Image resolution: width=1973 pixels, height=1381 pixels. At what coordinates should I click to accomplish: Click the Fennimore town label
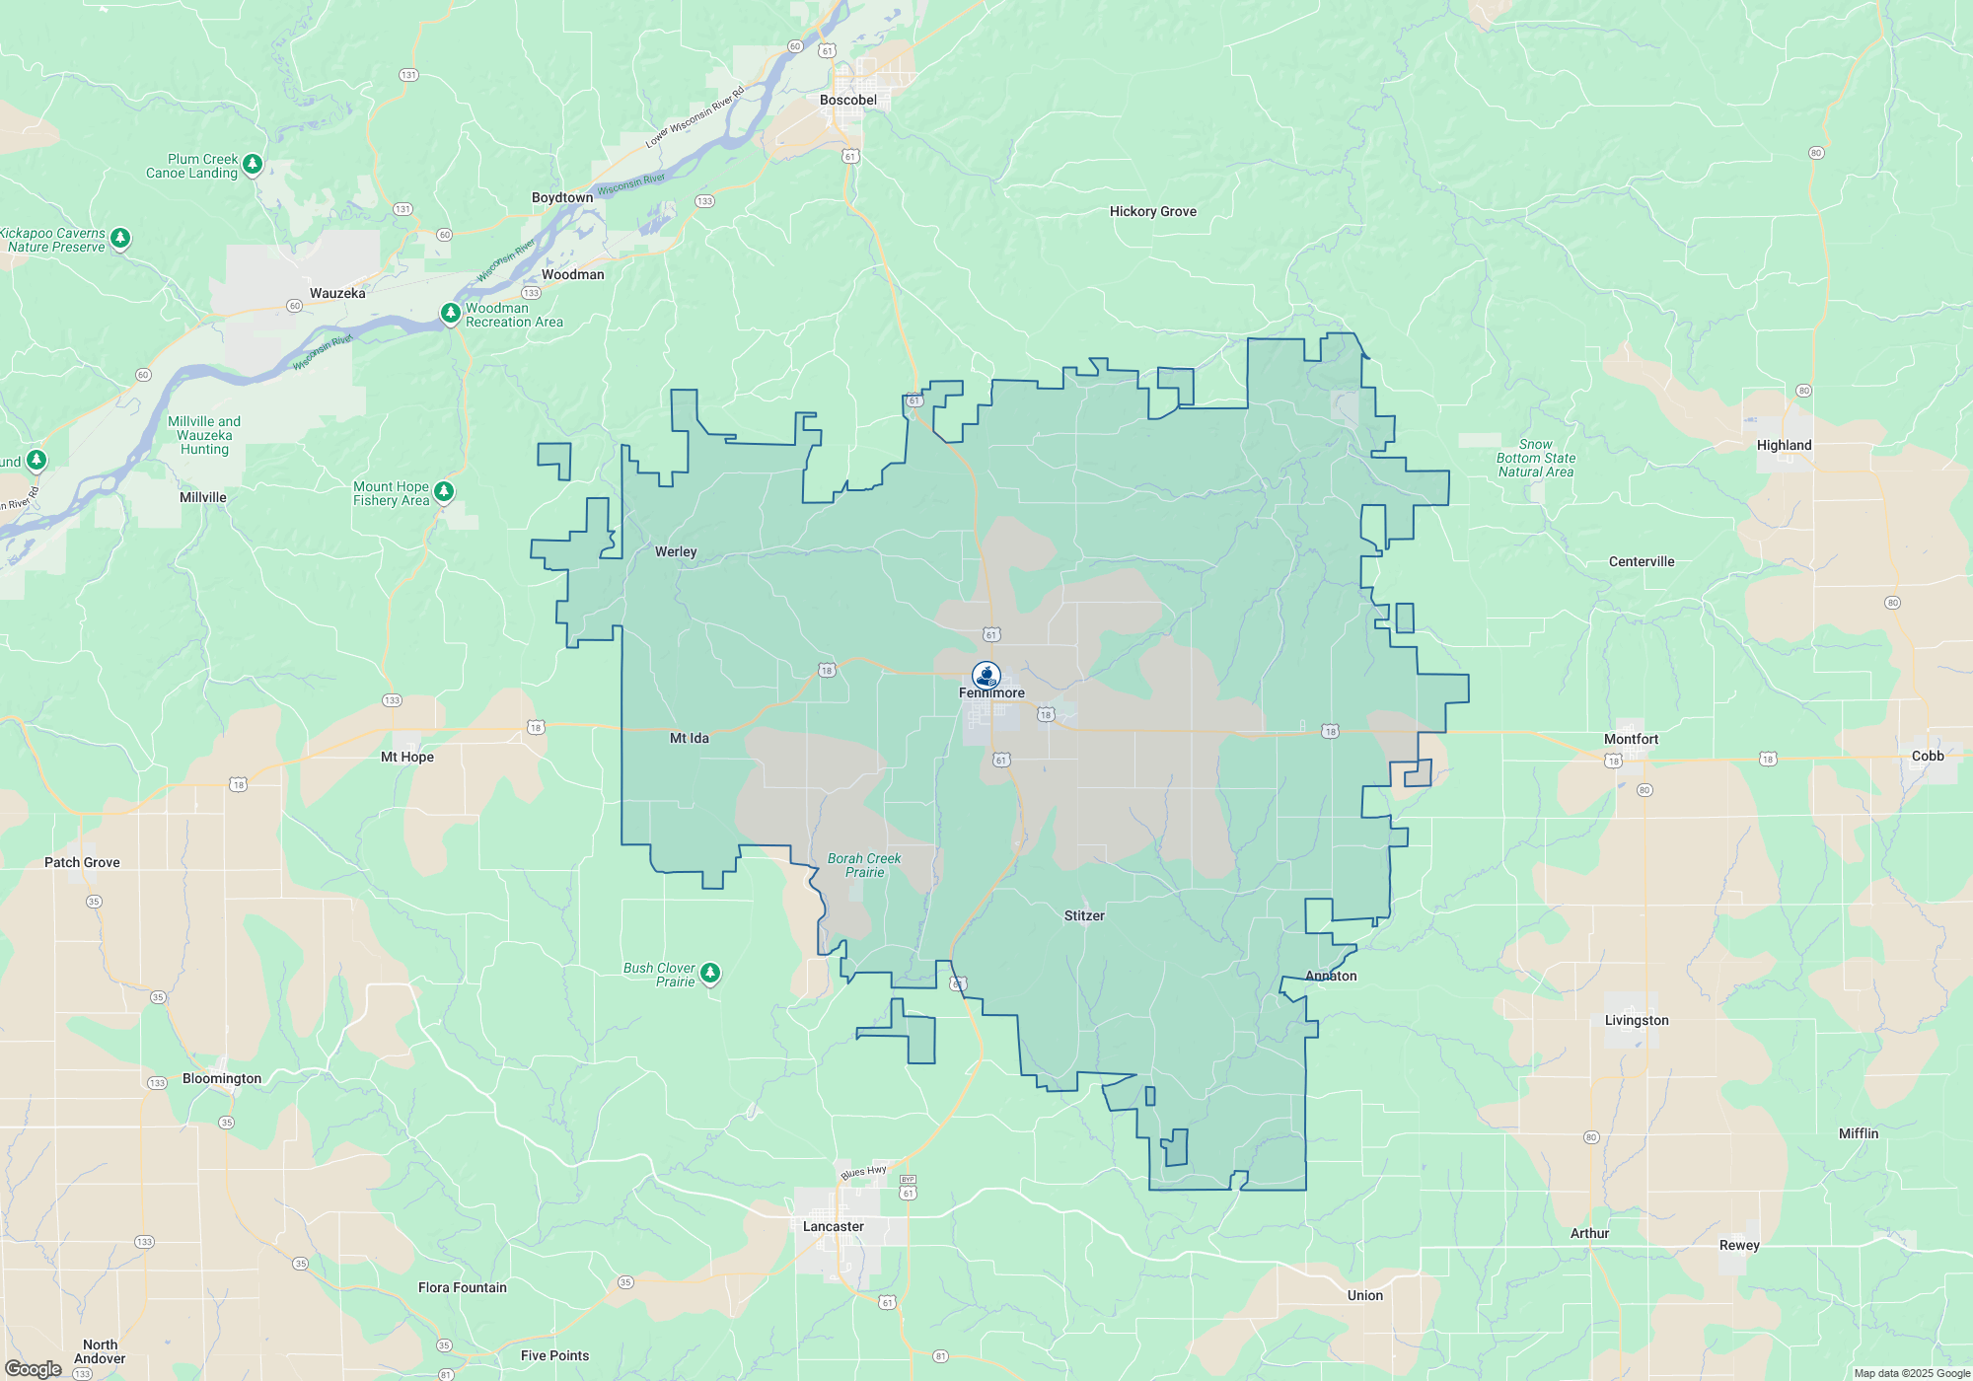pos(991,692)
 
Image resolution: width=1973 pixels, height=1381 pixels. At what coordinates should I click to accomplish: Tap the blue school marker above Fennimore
pos(986,675)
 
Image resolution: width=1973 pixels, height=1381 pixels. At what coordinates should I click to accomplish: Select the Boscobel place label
pos(847,100)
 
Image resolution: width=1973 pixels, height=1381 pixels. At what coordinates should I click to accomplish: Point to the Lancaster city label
pos(833,1226)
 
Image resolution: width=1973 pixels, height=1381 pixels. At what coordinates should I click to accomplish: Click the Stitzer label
pos(1084,915)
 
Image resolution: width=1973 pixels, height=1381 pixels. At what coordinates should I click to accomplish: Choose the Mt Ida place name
pos(689,738)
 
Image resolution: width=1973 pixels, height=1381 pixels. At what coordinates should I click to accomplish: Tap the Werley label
pos(676,551)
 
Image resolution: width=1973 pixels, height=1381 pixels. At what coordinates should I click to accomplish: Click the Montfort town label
pos(1631,739)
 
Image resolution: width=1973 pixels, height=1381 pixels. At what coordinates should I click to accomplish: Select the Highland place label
pos(1784,445)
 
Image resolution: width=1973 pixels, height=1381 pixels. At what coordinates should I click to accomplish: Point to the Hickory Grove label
pos(1152,211)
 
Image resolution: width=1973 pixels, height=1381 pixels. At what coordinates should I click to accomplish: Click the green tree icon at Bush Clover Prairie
pos(709,974)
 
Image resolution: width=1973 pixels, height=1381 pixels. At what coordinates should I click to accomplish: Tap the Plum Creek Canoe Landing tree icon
pos(253,163)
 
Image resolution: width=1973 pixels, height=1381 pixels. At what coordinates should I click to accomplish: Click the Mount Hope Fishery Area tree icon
pos(444,490)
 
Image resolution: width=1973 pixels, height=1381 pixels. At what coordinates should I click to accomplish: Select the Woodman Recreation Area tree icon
pos(450,313)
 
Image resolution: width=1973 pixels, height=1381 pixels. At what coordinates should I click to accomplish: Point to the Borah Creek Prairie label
pos(863,865)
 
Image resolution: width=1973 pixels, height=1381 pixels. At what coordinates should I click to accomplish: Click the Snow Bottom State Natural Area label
pos(1535,458)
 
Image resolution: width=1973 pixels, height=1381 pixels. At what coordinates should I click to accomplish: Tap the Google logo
pos(34,1368)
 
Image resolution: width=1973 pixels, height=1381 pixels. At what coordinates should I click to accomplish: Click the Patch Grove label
pos(82,862)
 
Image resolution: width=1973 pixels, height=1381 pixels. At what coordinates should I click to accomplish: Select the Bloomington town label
pos(222,1078)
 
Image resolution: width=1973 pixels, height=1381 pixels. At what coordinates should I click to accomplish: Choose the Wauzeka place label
pos(337,293)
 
